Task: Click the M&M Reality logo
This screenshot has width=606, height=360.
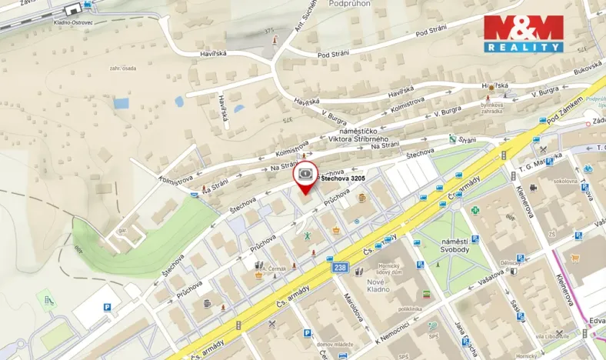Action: click(x=523, y=33)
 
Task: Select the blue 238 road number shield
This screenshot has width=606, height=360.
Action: click(x=340, y=267)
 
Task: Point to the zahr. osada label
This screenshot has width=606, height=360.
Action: click(x=122, y=68)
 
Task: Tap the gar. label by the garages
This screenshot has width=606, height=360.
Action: click(x=121, y=228)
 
